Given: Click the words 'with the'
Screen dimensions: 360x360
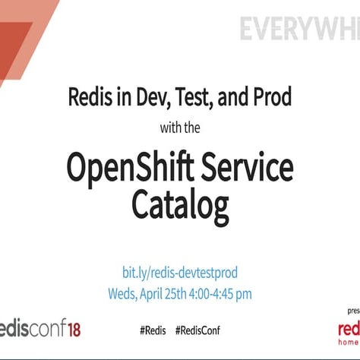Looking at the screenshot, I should (180, 128).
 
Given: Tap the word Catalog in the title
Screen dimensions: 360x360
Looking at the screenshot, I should (180, 204).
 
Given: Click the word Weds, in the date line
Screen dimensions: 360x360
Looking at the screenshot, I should (126, 293).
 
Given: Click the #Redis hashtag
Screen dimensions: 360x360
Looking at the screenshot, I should (153, 330).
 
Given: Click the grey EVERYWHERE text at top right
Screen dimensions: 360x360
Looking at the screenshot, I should (299, 30).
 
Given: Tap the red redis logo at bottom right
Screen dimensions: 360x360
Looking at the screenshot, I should (348, 329).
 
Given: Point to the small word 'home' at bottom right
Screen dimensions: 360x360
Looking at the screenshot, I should (349, 343).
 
